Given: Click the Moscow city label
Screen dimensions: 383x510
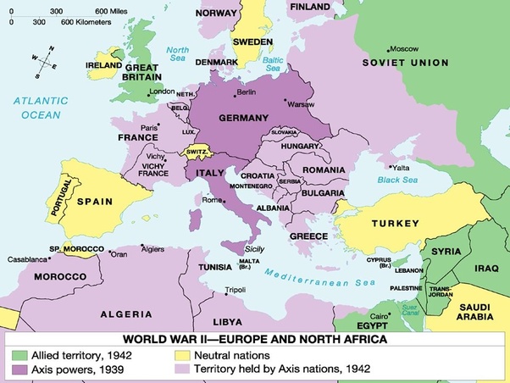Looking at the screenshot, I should tap(406, 48).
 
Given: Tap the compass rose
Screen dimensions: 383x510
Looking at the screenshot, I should tap(47, 58).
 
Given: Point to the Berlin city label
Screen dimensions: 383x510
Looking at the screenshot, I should tap(247, 92).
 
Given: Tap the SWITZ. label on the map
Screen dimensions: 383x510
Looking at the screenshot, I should tap(197, 154).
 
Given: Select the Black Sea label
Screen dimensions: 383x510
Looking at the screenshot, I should tap(397, 180).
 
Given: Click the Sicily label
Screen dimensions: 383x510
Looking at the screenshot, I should tap(255, 250).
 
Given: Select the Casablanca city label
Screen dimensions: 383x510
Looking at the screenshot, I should tap(29, 258).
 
